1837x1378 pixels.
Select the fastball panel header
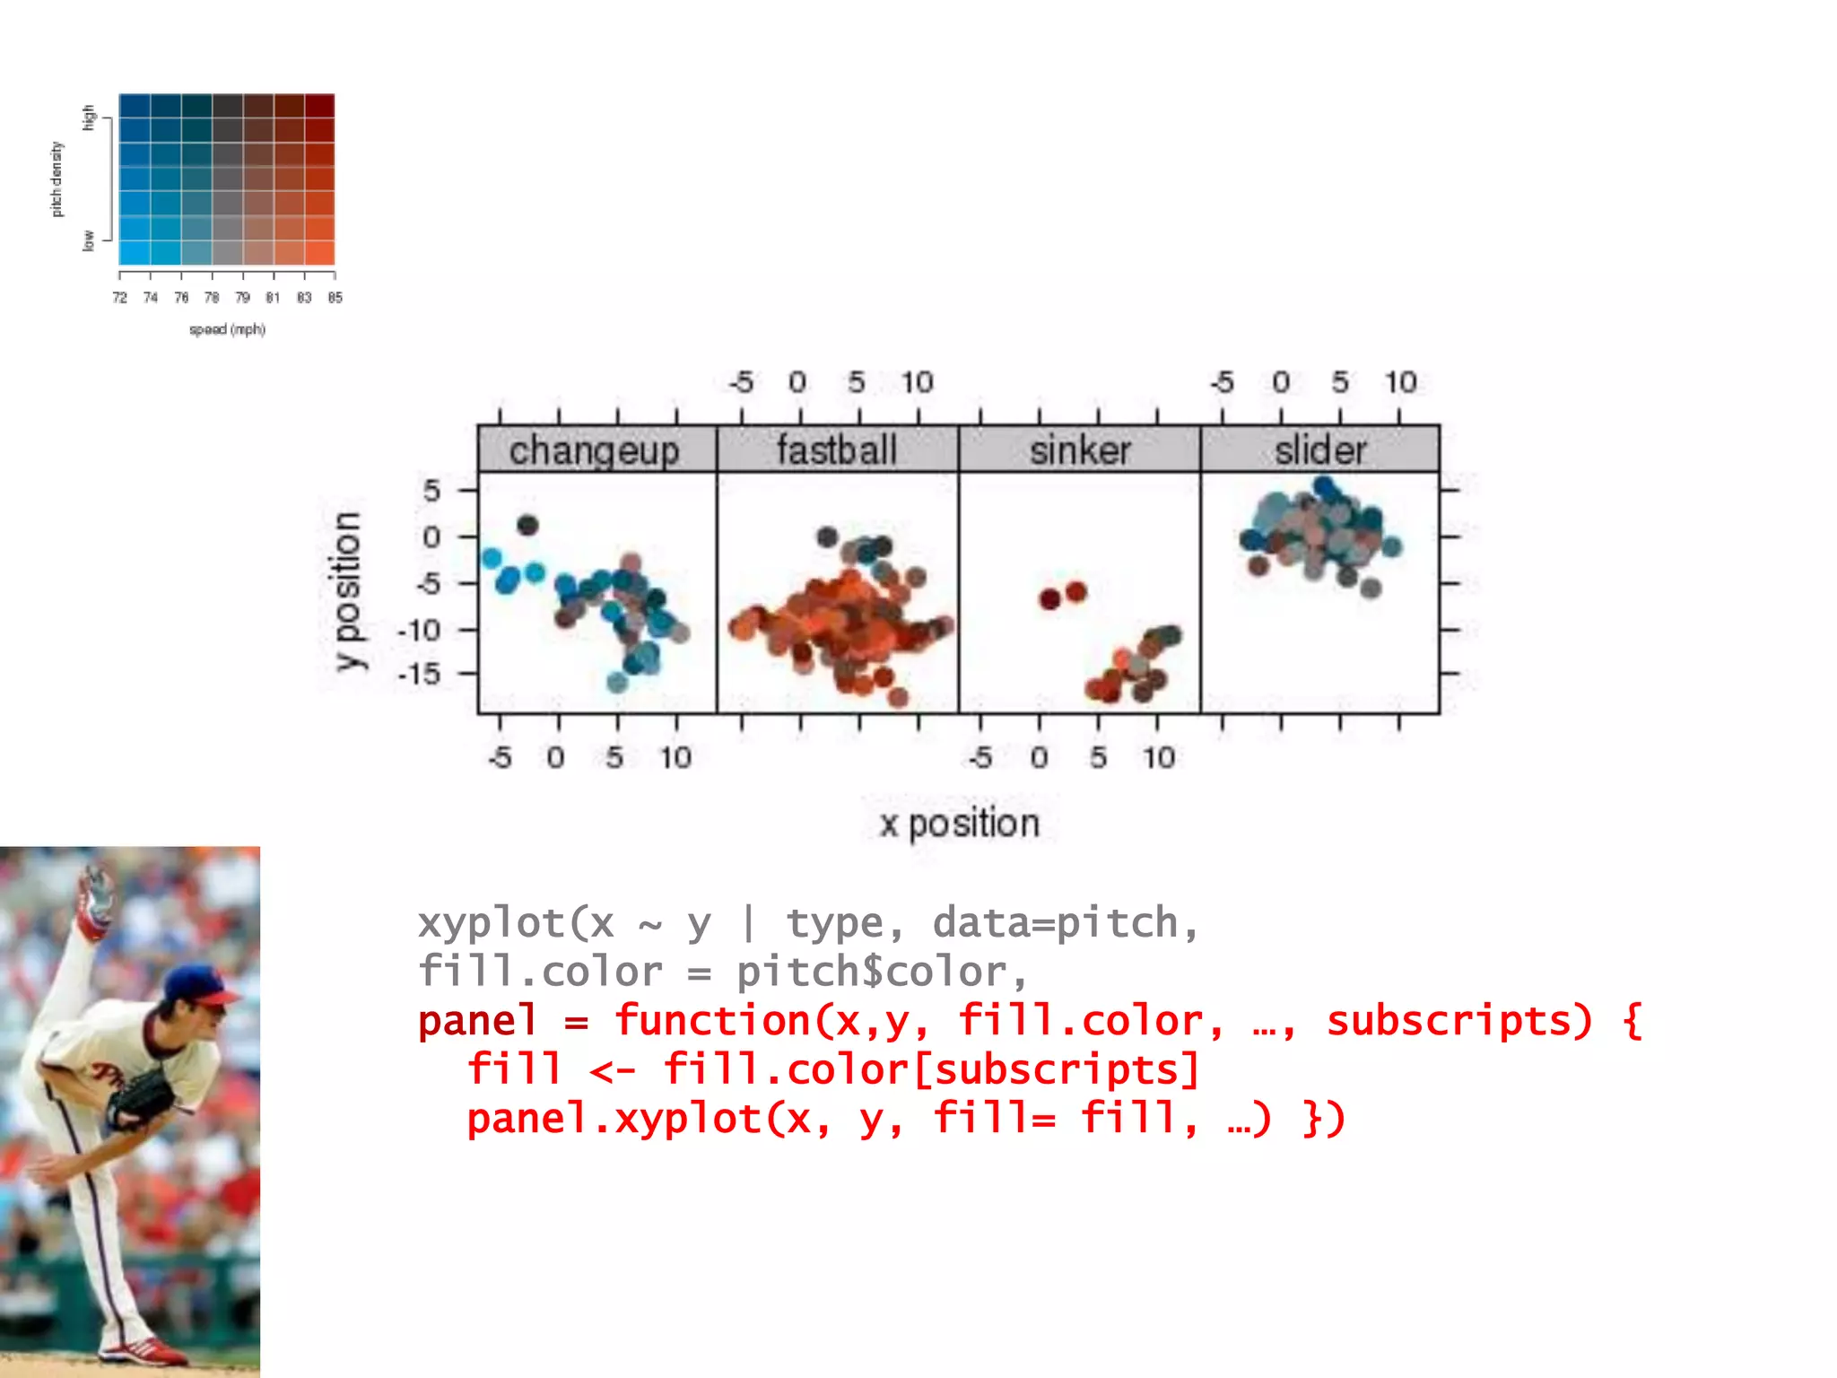(837, 449)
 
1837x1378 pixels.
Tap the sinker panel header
(1079, 449)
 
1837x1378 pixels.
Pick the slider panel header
(1320, 449)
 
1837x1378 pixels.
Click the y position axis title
(346, 590)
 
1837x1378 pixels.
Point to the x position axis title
(959, 824)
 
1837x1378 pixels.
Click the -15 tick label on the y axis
(420, 673)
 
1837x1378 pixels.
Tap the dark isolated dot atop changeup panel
(527, 526)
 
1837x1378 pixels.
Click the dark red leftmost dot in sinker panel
(1049, 599)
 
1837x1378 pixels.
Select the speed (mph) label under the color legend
(227, 329)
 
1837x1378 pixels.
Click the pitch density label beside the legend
(57, 179)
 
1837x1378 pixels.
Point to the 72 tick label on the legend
(119, 298)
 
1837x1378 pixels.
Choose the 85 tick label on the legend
(335, 298)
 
